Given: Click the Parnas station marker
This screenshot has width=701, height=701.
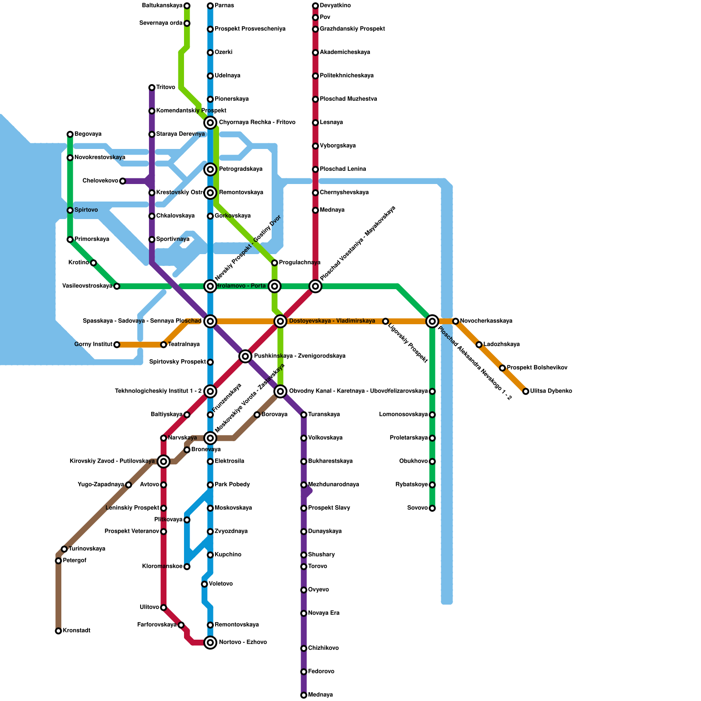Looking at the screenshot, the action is click(210, 6).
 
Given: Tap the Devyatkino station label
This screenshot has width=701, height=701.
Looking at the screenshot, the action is click(335, 6).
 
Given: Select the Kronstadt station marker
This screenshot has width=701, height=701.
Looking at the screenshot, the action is click(58, 631).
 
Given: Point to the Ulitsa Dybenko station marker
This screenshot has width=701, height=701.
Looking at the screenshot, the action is click(526, 391).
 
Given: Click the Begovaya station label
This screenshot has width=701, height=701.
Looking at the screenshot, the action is click(88, 134).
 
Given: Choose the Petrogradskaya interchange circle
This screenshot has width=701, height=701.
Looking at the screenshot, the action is click(210, 169).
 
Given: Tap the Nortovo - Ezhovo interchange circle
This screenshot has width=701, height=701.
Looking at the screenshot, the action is click(210, 643).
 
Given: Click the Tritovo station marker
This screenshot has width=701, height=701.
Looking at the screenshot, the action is click(152, 88).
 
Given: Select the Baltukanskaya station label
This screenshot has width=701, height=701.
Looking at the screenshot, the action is click(162, 6).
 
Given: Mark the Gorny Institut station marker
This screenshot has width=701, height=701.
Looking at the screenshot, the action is click(117, 345).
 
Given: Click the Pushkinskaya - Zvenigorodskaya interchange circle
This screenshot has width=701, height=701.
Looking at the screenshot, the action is click(245, 356).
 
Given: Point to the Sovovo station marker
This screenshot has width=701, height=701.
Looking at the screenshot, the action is click(432, 508).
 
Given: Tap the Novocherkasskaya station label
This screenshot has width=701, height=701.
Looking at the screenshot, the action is click(486, 321).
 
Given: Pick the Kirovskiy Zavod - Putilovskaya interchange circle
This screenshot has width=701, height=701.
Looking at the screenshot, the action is click(163, 461).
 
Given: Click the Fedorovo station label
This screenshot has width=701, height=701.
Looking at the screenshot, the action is click(321, 672).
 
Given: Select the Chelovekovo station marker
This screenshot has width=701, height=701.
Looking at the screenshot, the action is click(123, 181).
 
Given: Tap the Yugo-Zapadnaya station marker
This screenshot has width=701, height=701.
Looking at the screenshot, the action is click(128, 485).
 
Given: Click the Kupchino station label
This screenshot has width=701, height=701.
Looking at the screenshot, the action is click(228, 555).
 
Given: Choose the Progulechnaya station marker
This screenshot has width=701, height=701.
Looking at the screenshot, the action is click(274, 263).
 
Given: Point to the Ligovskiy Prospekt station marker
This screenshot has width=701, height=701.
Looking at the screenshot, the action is click(386, 322).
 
